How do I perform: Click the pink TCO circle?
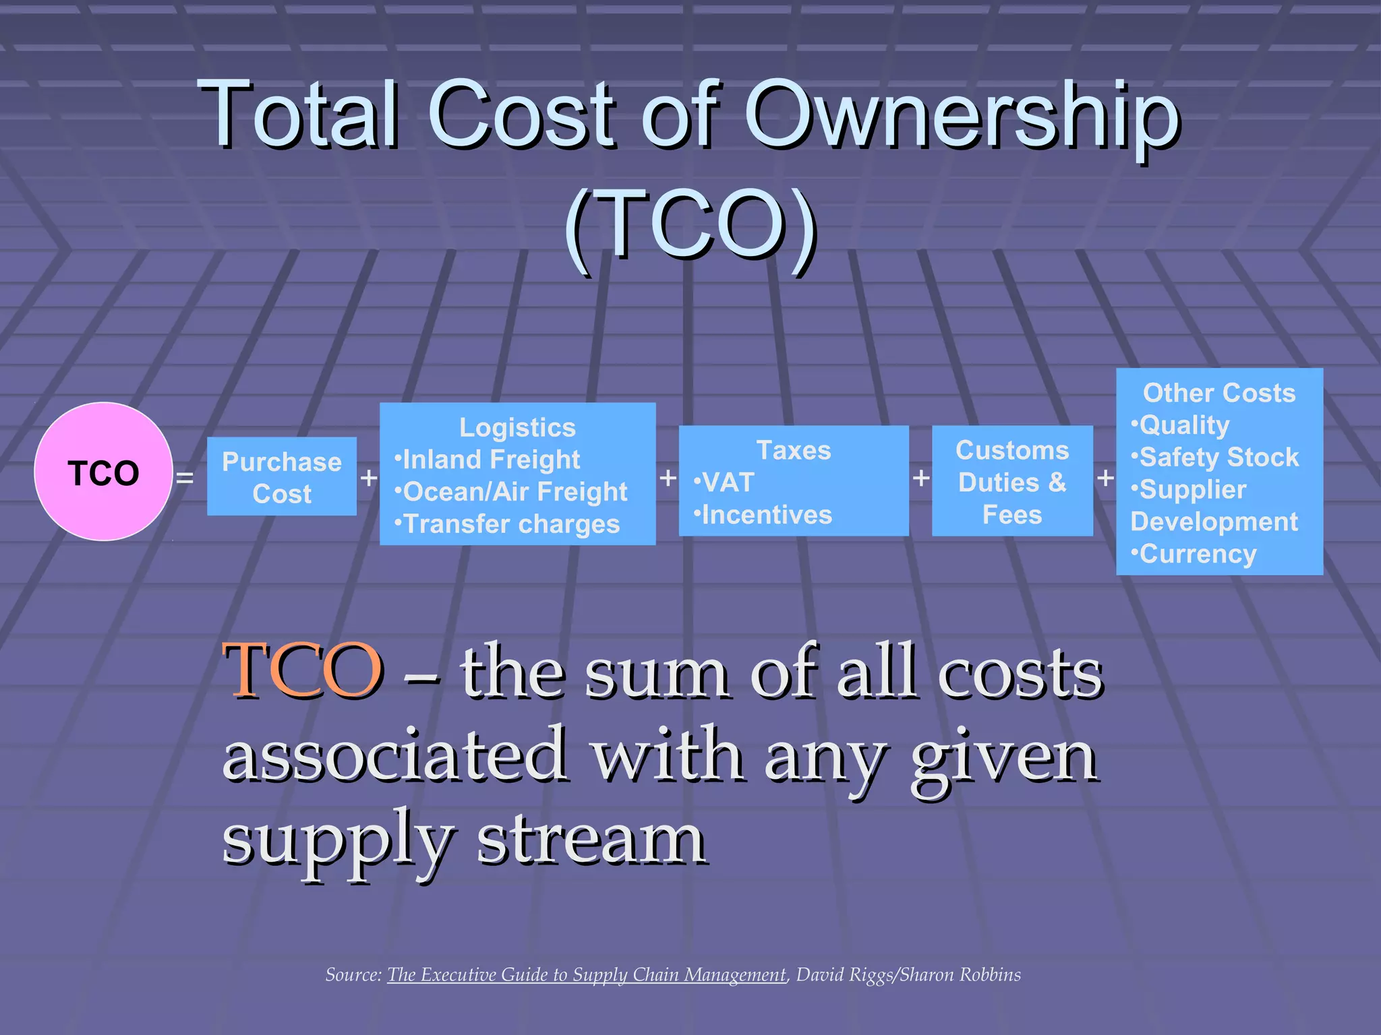tap(103, 472)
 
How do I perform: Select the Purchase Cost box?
tap(282, 477)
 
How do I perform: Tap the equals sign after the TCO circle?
tap(184, 478)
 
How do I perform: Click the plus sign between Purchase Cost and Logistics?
tap(368, 478)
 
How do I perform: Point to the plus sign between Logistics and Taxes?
tap(668, 478)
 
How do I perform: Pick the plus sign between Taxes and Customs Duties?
tap(920, 478)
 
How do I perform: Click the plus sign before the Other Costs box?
tap(1105, 478)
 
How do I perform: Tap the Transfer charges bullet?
tap(507, 524)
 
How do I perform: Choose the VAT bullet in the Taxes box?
tap(724, 482)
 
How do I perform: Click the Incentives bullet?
tap(763, 515)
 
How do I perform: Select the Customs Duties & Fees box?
tap(1012, 481)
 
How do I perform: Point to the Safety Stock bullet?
tap(1215, 458)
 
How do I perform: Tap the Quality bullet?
tap(1181, 425)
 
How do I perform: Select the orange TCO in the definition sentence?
tap(303, 670)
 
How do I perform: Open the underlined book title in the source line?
tap(587, 975)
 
